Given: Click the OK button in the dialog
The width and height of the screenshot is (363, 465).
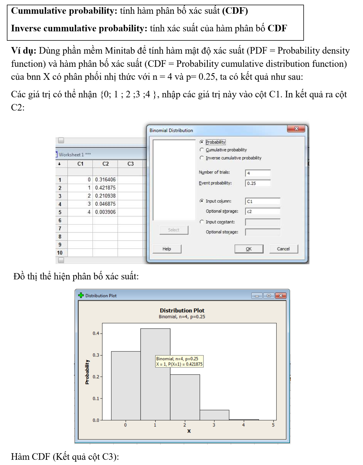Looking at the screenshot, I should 249,249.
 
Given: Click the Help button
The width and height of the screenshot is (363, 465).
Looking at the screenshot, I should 167,249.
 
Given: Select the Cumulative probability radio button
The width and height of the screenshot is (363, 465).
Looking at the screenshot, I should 202,150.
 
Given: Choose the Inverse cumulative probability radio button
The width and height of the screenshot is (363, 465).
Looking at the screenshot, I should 202,158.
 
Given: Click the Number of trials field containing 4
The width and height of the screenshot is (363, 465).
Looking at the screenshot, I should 258,173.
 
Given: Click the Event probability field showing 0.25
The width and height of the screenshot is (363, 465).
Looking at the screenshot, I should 258,183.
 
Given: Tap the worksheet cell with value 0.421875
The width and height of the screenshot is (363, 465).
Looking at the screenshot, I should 105,188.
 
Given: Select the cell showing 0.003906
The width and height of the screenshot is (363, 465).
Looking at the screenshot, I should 105,212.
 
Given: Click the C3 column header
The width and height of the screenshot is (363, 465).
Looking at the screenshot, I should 131,164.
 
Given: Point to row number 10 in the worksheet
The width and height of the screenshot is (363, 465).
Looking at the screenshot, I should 60,253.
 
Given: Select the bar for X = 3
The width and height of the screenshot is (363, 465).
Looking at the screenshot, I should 214,415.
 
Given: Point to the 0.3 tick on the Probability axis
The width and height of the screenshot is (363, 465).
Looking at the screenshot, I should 96,355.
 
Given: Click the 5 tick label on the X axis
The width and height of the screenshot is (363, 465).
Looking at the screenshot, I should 273,425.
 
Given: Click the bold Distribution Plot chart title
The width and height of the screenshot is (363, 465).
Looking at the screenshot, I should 182,310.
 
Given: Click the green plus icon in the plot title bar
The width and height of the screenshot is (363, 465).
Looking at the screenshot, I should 81,296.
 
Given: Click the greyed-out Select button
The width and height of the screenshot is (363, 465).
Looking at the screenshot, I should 174,230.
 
